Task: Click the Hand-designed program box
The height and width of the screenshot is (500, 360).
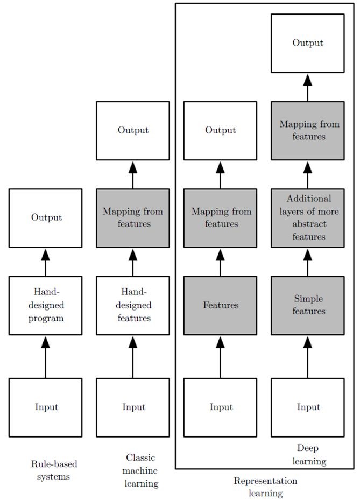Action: (45, 305)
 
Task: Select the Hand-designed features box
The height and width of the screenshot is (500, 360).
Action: (133, 305)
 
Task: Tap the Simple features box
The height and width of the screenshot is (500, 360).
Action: (308, 305)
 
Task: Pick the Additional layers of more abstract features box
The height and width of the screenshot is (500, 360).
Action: (308, 217)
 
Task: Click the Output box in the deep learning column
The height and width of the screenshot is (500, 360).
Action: (308, 43)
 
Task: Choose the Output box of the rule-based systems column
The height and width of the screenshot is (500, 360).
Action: (45, 217)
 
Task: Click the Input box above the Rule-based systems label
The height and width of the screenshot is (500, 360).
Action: (45, 407)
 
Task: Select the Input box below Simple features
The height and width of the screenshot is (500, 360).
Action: (308, 407)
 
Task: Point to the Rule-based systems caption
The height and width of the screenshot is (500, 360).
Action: (50, 469)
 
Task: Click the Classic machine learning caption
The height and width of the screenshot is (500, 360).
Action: (141, 470)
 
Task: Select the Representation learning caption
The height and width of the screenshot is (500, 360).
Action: (265, 487)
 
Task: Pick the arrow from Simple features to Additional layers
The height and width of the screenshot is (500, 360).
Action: (308, 262)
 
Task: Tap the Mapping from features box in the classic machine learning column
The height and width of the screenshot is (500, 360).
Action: (133, 217)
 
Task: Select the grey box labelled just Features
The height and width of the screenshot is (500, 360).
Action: (220, 305)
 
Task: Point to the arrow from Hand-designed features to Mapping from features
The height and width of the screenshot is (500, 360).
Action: (133, 262)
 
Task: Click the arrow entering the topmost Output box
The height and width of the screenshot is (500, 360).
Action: (308, 87)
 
